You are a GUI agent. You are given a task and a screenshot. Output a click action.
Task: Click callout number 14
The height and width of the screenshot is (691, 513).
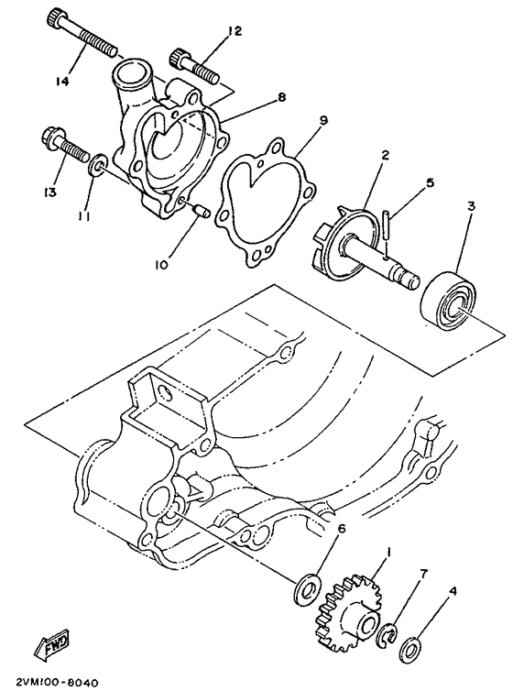tap(61, 81)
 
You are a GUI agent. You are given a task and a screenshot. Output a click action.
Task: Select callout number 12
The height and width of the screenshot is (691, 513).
tap(235, 31)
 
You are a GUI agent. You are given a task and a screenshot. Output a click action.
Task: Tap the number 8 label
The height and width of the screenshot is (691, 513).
tap(282, 95)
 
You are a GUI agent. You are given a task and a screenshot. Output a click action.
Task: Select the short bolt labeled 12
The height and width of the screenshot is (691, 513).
tap(193, 65)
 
